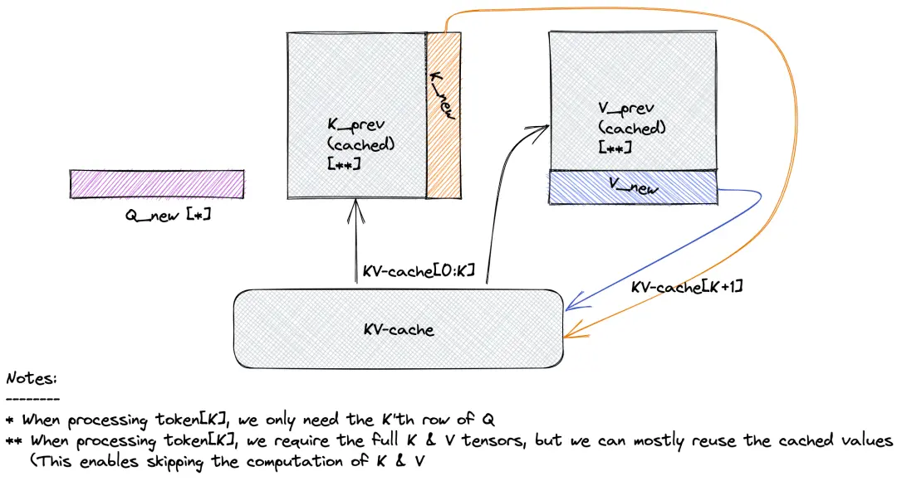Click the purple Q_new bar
point(157,184)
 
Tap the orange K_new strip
point(443,116)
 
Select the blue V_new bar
point(632,187)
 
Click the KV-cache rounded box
point(399,329)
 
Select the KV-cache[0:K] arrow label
point(419,271)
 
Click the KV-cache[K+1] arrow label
point(687,287)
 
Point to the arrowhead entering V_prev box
point(543,127)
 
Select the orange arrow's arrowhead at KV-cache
point(570,337)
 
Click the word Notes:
point(32,378)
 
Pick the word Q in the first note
point(497,419)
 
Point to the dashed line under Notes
point(32,399)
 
